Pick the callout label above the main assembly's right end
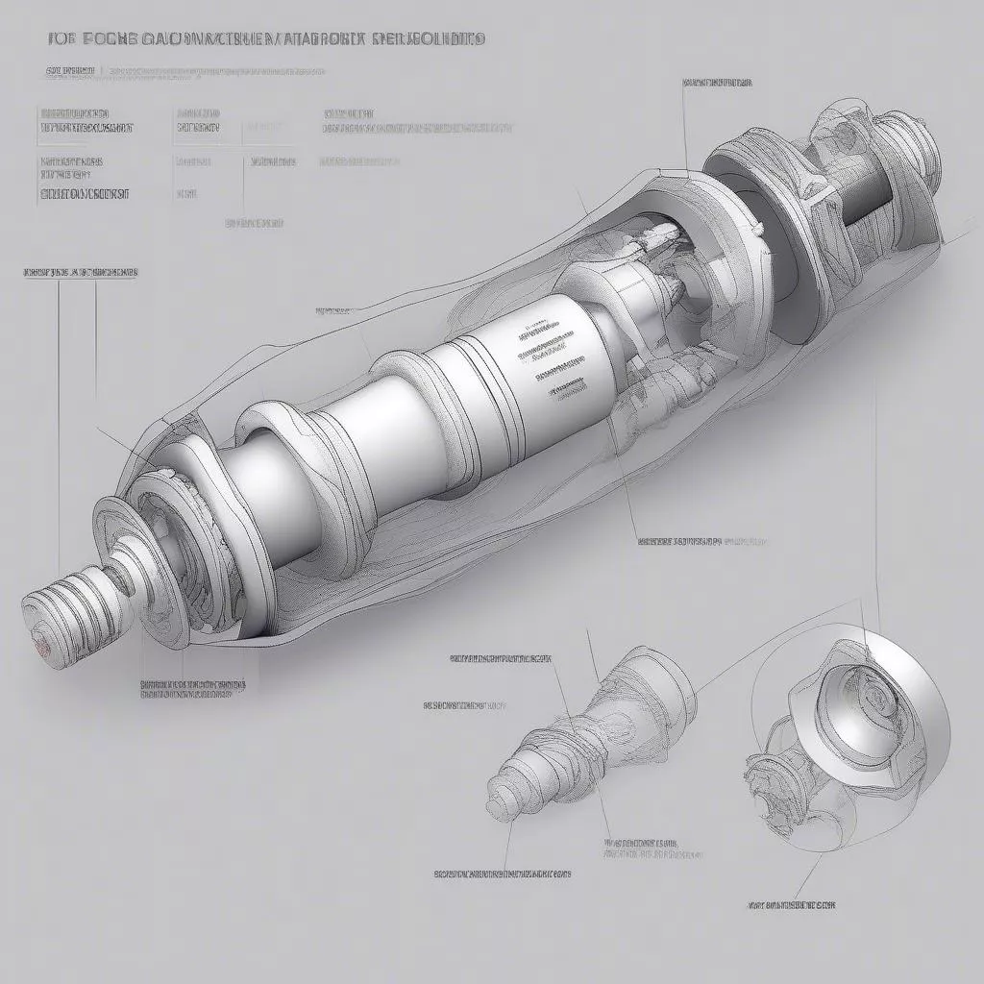(x=717, y=83)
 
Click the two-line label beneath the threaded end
(x=192, y=691)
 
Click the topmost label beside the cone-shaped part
(x=502, y=659)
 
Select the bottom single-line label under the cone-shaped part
(x=503, y=874)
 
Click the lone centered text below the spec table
(x=254, y=223)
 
